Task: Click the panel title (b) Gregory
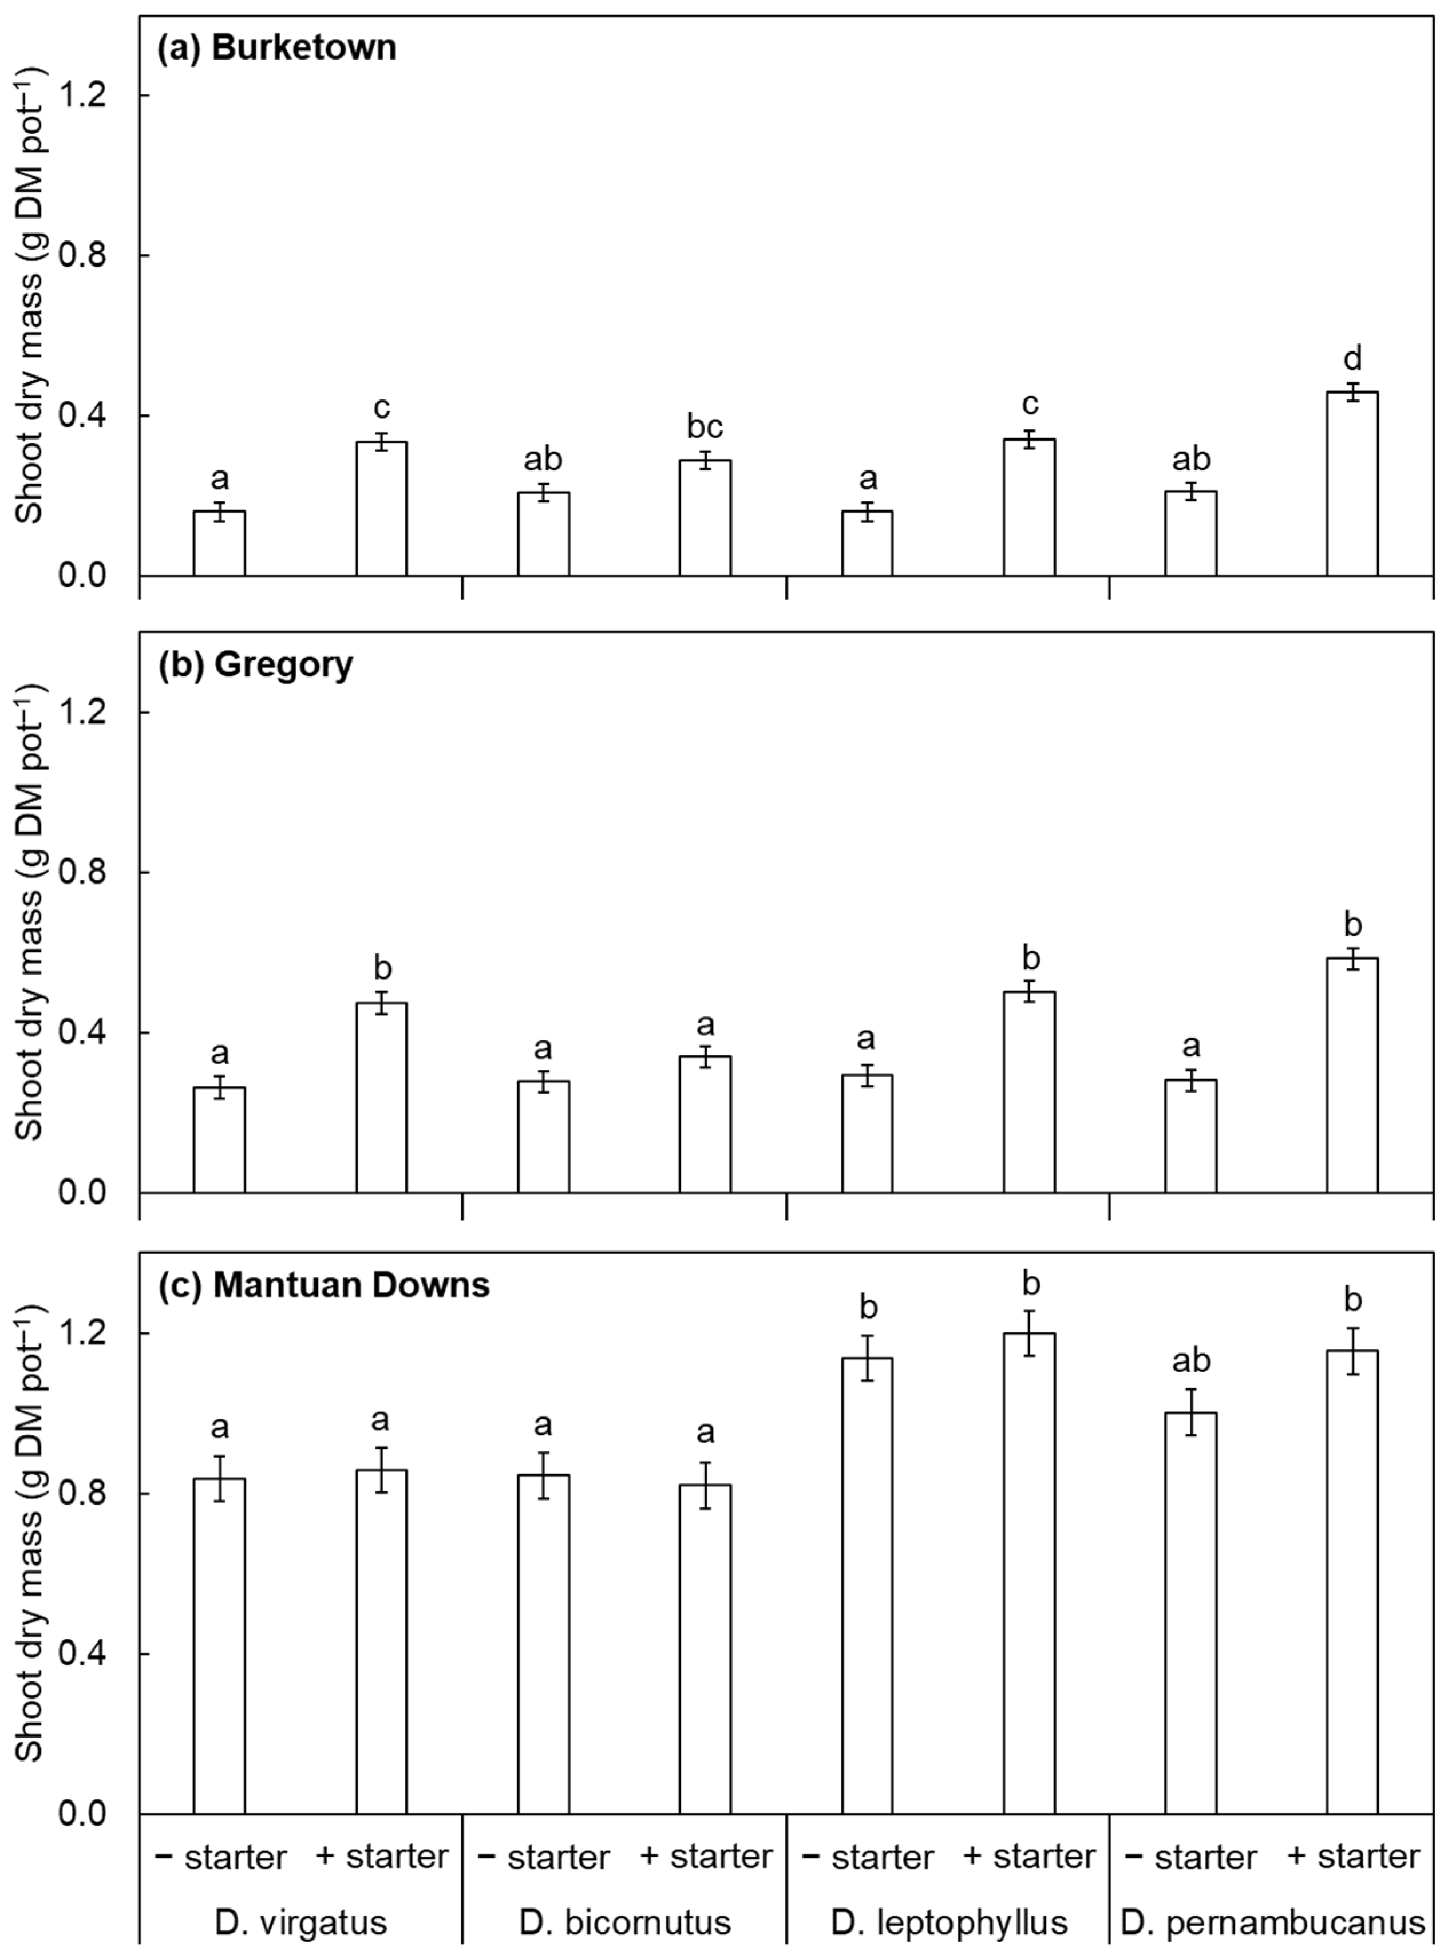click(255, 664)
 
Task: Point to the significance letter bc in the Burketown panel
click(704, 427)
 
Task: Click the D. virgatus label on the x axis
click(300, 1923)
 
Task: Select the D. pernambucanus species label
click(1273, 1923)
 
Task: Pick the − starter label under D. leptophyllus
click(867, 1857)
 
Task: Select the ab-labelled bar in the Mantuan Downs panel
click(1190, 1613)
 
